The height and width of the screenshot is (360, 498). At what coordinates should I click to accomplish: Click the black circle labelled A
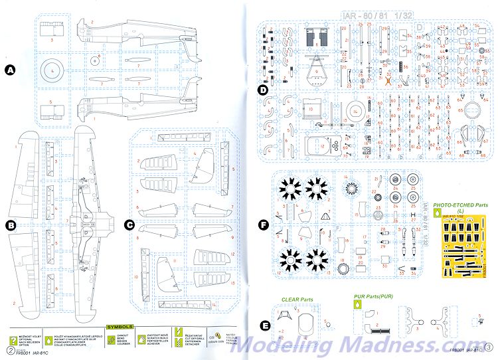click(x=10, y=70)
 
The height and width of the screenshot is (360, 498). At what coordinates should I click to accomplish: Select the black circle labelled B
click(x=10, y=225)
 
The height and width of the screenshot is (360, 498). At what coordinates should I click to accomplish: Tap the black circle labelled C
click(x=129, y=225)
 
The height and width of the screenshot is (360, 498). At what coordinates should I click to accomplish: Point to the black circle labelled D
click(x=263, y=90)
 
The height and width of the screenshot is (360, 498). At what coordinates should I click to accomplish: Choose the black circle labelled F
click(x=263, y=225)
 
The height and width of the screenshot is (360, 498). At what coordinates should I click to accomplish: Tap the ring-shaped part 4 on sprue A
click(x=51, y=70)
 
